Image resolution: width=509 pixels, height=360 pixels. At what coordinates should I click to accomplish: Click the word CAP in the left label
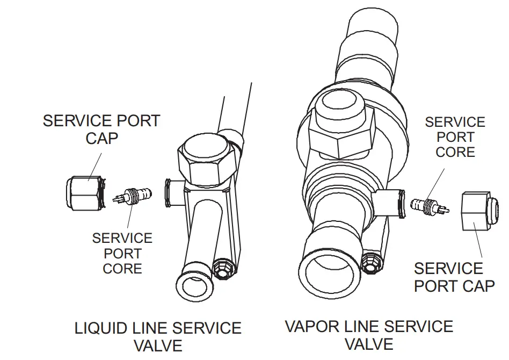click(x=102, y=139)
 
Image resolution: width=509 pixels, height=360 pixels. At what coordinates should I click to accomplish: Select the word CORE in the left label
click(x=122, y=269)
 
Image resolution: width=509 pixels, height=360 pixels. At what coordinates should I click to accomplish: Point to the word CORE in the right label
click(x=455, y=153)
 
